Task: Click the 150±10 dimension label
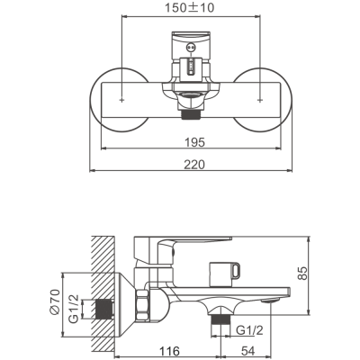point(190,8)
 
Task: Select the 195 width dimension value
point(194,142)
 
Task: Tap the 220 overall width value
point(194,165)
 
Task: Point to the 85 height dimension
point(303,273)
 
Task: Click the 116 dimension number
point(169,351)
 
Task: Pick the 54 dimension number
point(247,351)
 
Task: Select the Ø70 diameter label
point(56,302)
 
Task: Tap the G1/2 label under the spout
point(249,330)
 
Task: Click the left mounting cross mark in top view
point(121,100)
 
